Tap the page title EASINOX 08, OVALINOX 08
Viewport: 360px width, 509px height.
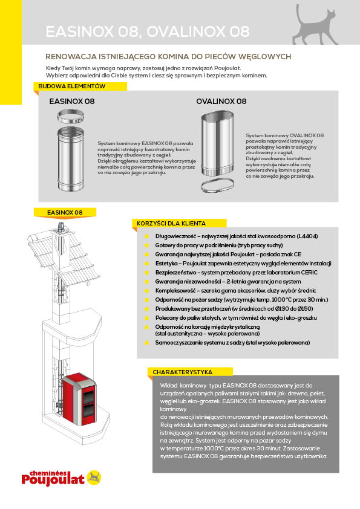(x=148, y=32)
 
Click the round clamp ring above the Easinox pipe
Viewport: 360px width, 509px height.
(x=71, y=117)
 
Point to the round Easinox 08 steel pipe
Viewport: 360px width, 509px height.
(x=71, y=159)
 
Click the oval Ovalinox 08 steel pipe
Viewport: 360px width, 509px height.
(x=217, y=143)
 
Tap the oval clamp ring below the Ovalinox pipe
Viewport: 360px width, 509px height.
(x=217, y=186)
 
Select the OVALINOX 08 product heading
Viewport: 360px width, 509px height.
(x=221, y=102)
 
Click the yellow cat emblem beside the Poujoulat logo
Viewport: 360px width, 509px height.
(x=94, y=478)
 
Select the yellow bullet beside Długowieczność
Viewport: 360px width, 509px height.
(x=147, y=236)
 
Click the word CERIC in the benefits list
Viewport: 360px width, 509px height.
(x=309, y=273)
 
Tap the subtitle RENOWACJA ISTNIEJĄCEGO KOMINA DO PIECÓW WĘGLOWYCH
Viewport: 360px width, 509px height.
(x=168, y=57)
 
